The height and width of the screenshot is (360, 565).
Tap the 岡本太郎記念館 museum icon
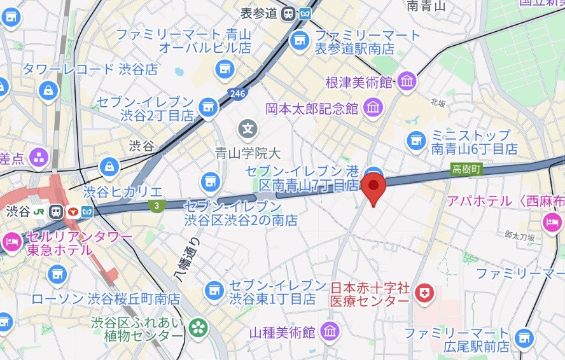click(373, 107)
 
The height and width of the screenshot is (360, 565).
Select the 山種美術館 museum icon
click(330, 331)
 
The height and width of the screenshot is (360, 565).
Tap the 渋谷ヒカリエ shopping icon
click(109, 167)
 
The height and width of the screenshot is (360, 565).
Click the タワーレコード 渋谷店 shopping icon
click(48, 91)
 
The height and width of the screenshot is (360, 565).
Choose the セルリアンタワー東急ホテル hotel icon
click(11, 242)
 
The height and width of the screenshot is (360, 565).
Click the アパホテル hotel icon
click(551, 222)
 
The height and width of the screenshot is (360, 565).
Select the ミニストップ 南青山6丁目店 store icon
click(417, 139)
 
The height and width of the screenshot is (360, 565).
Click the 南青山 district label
click(426, 6)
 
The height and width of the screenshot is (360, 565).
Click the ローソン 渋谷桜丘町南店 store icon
click(57, 275)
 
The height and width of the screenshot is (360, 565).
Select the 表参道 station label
click(259, 13)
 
